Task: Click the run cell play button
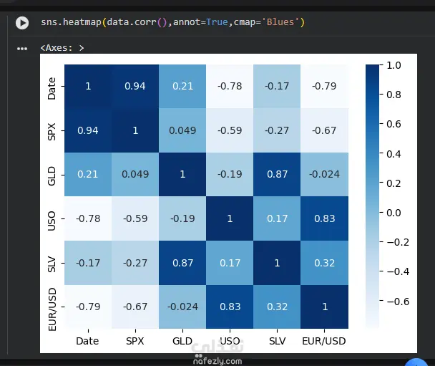click(22, 23)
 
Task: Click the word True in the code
click(217, 22)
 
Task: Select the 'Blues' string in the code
click(280, 22)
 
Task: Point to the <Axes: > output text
click(62, 48)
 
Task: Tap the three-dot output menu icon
click(22, 49)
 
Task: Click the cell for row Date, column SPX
click(135, 87)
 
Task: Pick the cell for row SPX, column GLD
click(182, 130)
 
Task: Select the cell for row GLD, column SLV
click(277, 174)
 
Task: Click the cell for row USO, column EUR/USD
click(324, 218)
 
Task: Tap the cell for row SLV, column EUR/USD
click(324, 263)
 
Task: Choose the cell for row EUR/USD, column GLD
click(182, 307)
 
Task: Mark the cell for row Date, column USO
click(230, 87)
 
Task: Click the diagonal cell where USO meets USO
click(230, 218)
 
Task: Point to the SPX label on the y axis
click(52, 132)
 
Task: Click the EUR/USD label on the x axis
click(324, 341)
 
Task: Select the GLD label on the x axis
click(182, 341)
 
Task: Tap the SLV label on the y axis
click(52, 264)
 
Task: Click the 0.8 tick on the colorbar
click(394, 95)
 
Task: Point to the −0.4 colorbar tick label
click(398, 271)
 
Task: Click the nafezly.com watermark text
click(217, 361)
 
